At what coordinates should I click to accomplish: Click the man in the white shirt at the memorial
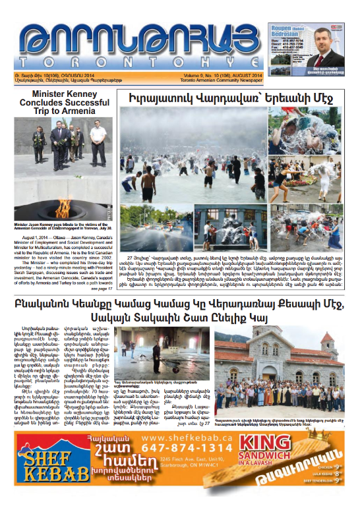click(x=98, y=140)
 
